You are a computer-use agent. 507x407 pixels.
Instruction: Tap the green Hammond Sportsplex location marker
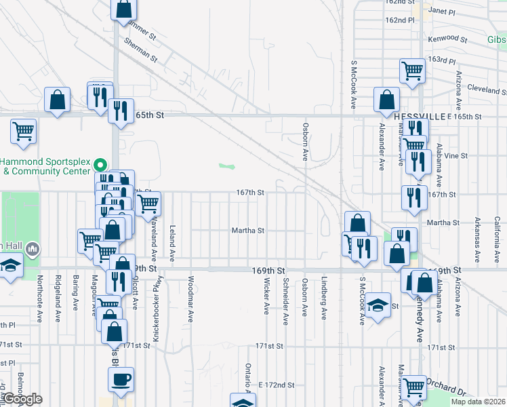click(x=100, y=164)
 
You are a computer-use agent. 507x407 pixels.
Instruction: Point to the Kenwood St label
click(x=447, y=40)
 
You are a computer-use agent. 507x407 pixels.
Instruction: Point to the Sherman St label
click(x=141, y=50)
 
